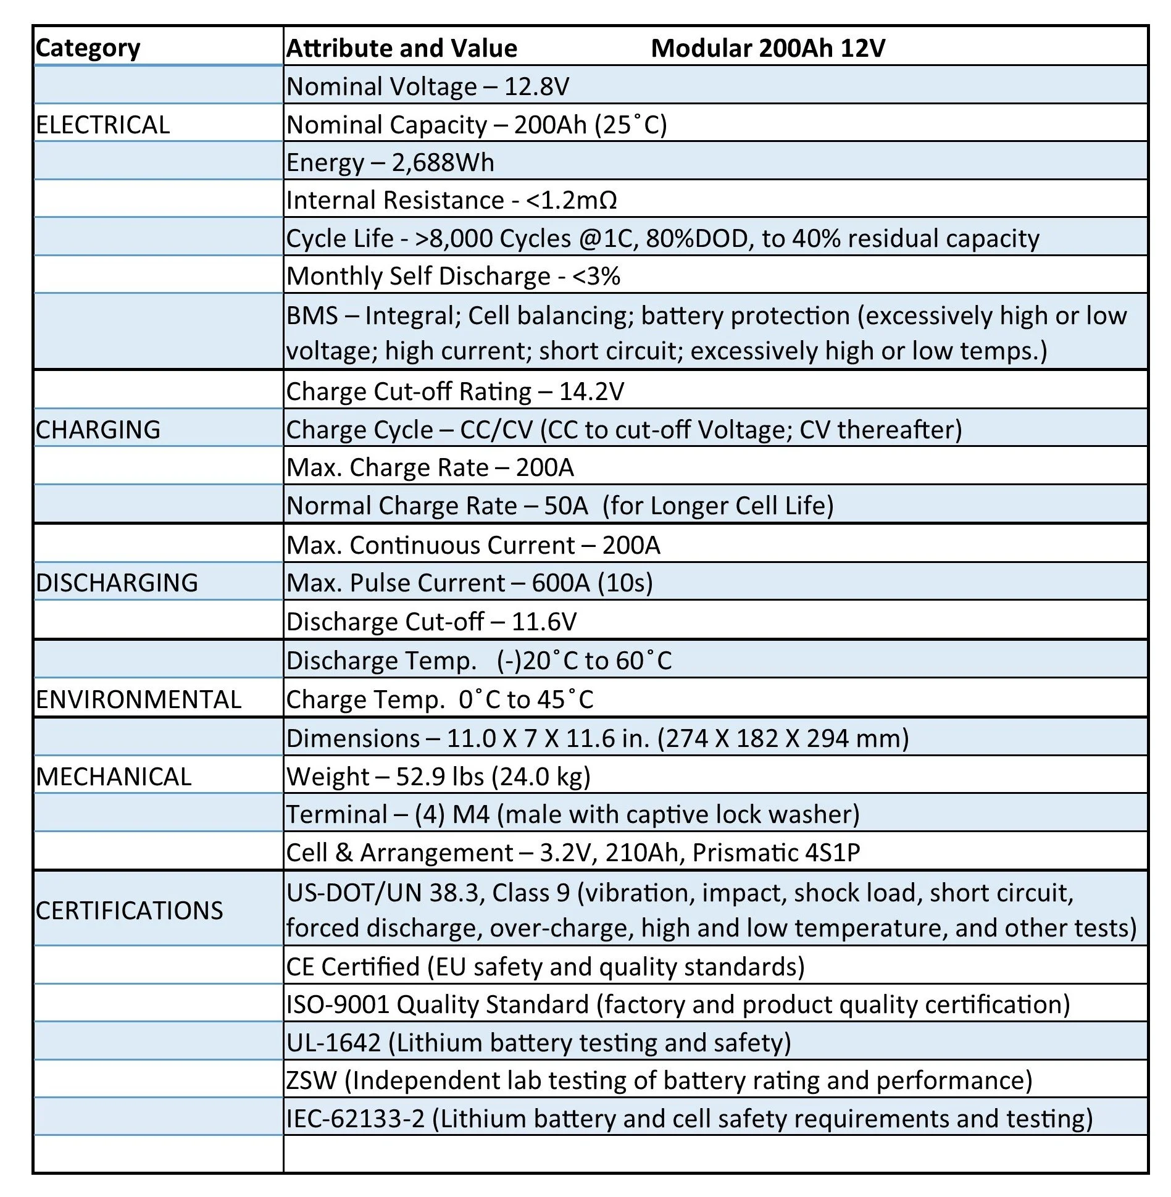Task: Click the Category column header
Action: (x=88, y=48)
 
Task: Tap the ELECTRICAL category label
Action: (x=102, y=125)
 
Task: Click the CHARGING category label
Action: (x=98, y=430)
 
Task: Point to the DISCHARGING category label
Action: (x=117, y=583)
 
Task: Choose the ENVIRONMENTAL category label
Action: (x=138, y=699)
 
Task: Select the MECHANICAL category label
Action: (x=114, y=777)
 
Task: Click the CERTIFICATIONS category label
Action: (x=129, y=911)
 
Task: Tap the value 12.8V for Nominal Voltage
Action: (x=536, y=86)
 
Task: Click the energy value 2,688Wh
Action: (x=443, y=162)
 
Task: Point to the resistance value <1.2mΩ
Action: (x=571, y=200)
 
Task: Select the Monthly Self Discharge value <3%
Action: (x=596, y=276)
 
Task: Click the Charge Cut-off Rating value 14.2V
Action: (x=591, y=391)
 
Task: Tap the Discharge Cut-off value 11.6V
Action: (x=544, y=622)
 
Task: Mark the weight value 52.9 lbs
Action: (x=440, y=777)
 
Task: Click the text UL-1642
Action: (x=333, y=1043)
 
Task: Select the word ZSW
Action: (x=312, y=1080)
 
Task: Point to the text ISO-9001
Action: (x=338, y=1004)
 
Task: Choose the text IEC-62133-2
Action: (x=356, y=1119)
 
